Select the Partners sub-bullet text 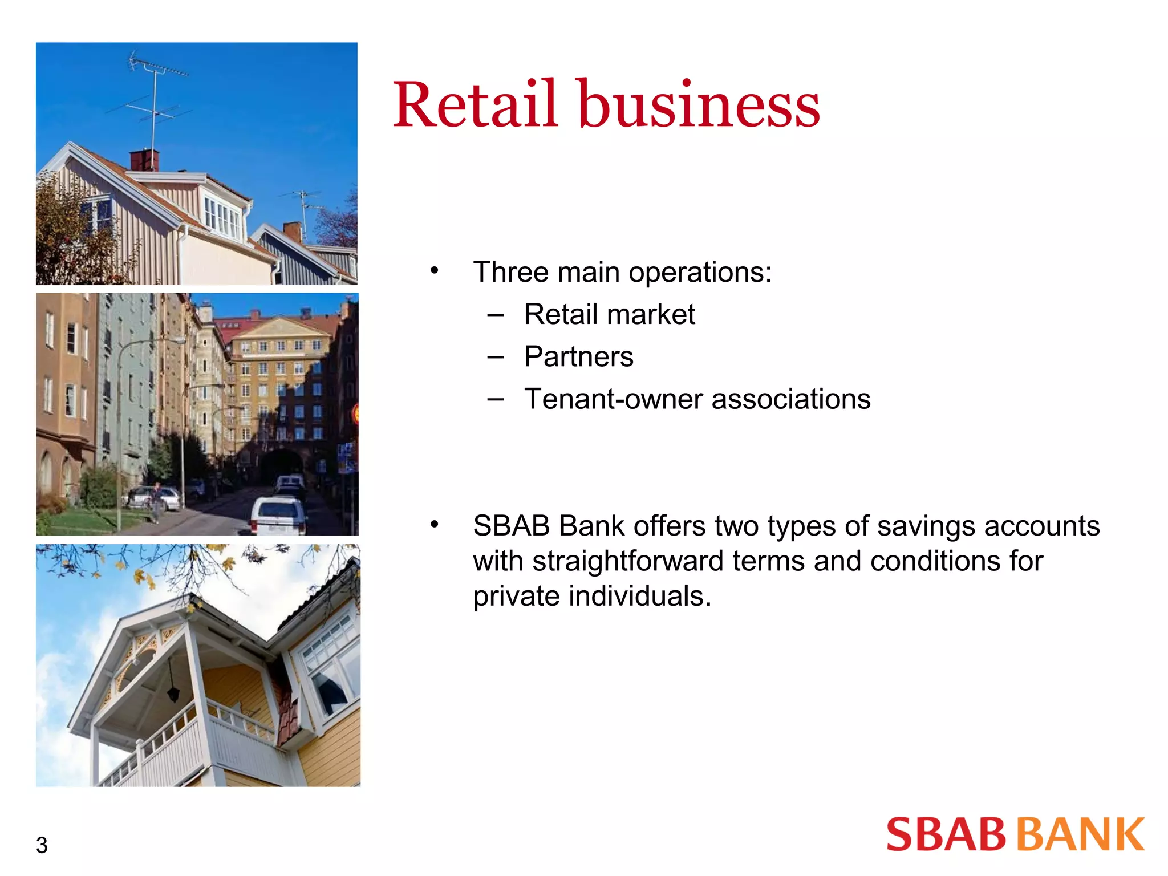pos(578,357)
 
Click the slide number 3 pos(42,845)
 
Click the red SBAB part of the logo pos(946,834)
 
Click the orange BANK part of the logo pos(1081,834)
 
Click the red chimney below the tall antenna pos(144,160)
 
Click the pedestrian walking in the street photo pos(155,502)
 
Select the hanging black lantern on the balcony pos(173,692)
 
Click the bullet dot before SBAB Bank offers pos(435,524)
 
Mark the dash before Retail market pos(496,315)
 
